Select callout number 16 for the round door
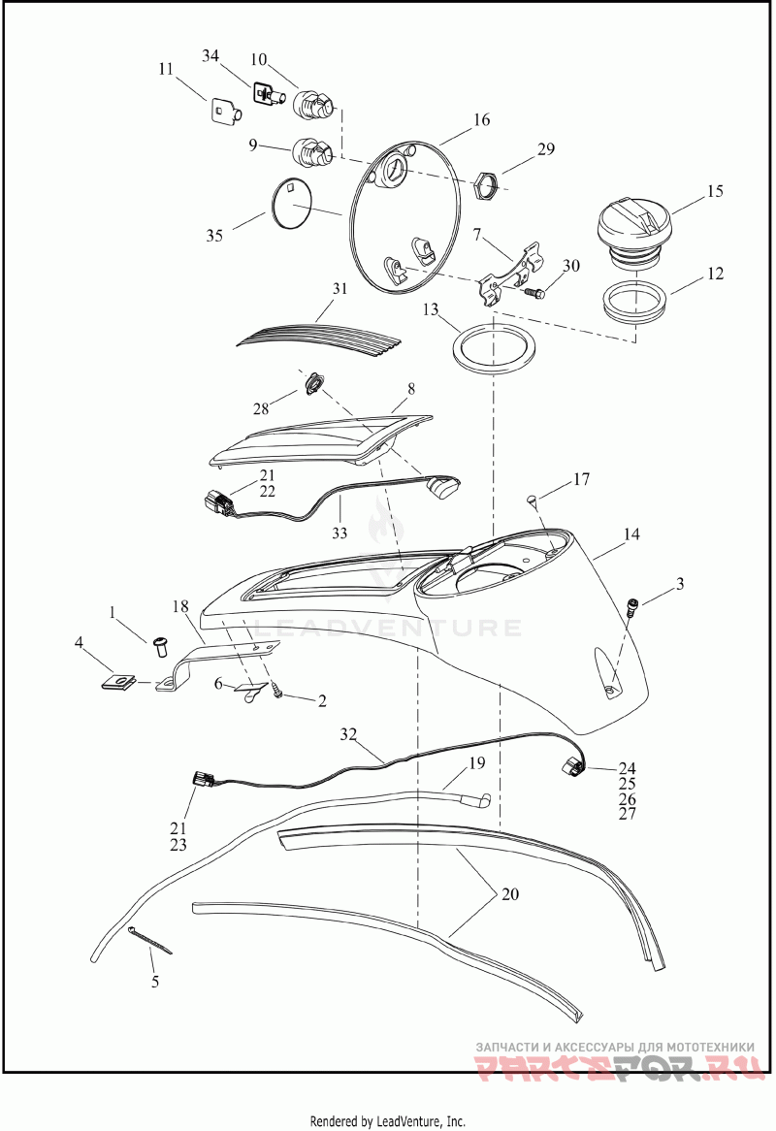(482, 119)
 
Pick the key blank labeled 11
(226, 112)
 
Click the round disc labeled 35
(292, 204)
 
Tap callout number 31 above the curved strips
(339, 288)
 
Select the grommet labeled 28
(312, 384)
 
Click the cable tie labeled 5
(151, 942)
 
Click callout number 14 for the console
(631, 533)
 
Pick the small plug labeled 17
(532, 499)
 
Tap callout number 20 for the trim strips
(510, 893)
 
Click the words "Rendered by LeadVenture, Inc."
(387, 1121)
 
